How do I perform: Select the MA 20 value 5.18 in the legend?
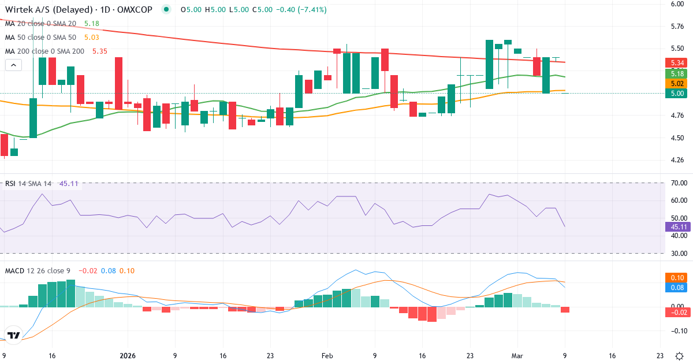point(92,24)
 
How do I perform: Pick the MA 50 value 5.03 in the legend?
point(92,38)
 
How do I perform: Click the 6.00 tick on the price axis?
point(677,4)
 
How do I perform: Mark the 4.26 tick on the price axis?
point(677,160)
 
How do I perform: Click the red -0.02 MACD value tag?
point(676,313)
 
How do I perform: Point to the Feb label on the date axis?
point(327,356)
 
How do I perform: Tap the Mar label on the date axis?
point(517,356)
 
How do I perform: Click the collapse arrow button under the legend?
point(13,65)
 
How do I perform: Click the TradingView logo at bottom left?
point(14,335)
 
